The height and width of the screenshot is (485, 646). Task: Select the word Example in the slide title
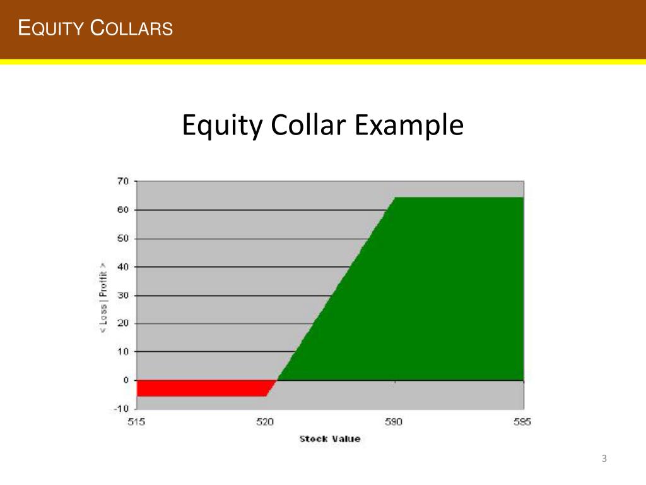point(408,126)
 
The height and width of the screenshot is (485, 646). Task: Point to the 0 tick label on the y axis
point(125,380)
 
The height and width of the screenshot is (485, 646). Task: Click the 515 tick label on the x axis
point(136,422)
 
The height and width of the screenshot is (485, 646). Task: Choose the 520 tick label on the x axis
point(265,422)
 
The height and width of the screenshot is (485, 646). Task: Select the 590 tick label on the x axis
point(394,422)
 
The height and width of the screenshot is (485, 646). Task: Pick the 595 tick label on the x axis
point(522,422)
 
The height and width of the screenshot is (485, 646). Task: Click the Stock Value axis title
point(330,438)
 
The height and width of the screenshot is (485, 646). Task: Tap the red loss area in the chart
point(202,388)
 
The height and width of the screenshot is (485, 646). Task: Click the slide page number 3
point(604,458)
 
